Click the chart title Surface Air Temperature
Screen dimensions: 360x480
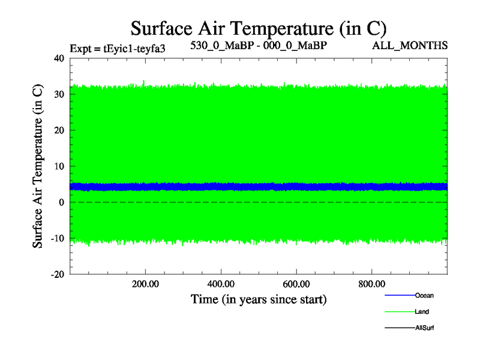click(259, 29)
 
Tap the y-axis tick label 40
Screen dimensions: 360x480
click(59, 58)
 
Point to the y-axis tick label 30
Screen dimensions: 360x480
click(59, 94)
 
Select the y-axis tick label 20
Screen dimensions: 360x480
click(59, 130)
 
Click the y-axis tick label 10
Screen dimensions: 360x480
click(59, 166)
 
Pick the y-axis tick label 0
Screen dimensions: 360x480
click(61, 202)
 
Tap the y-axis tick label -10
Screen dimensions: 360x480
click(57, 238)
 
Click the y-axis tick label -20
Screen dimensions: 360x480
click(57, 274)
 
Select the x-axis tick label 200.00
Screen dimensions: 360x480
click(146, 283)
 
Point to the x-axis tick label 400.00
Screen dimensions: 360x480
click(221, 283)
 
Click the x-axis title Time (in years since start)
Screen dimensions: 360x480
click(259, 299)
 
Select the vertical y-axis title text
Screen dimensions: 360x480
click(38, 166)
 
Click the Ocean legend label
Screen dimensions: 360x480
click(424, 295)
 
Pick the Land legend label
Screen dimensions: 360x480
click(422, 312)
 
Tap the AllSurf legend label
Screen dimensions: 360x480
click(424, 328)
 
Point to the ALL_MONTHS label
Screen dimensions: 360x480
click(410, 46)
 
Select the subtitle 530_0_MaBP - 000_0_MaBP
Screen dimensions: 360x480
click(259, 46)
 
